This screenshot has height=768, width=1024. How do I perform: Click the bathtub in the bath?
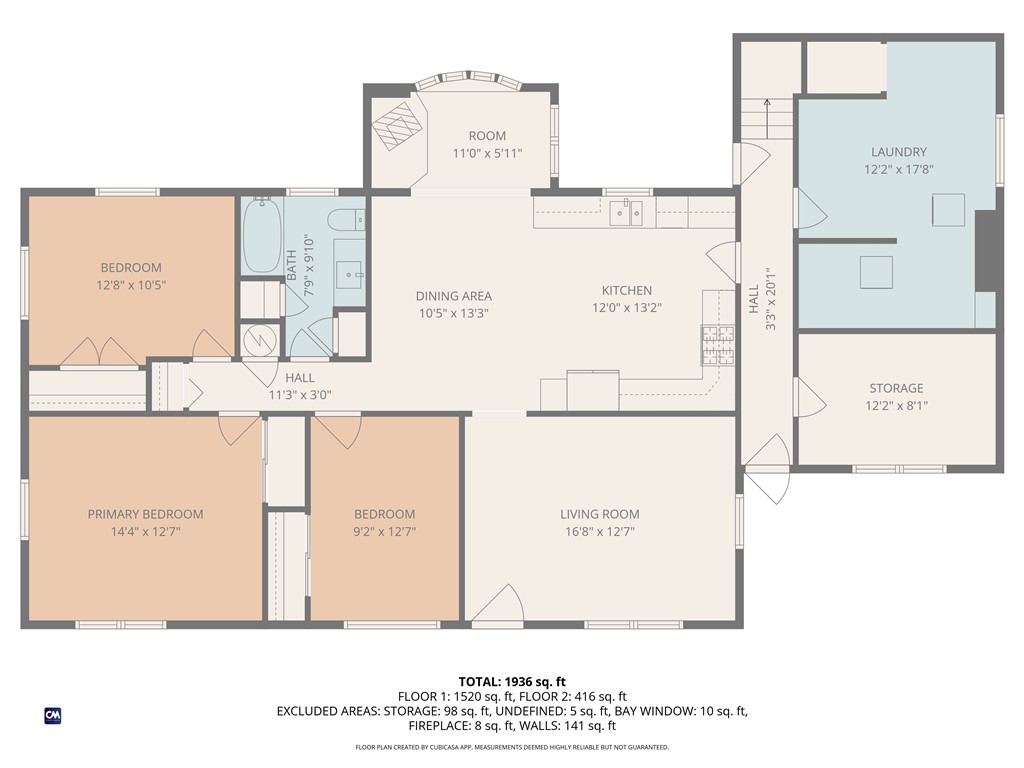pos(262,236)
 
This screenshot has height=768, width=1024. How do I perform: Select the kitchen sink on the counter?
pos(627,212)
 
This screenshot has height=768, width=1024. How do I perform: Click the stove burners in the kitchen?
pos(717,347)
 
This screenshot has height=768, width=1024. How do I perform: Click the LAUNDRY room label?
pos(898,152)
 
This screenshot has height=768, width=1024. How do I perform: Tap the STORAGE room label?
pos(896,388)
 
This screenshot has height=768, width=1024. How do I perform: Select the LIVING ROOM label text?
pos(599,514)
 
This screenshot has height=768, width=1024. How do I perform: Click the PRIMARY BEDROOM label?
pos(145,514)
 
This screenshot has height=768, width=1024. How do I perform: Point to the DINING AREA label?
pos(453,296)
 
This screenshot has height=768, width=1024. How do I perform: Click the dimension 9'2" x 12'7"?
pos(384,532)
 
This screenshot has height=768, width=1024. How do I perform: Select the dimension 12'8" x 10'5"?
pos(130,285)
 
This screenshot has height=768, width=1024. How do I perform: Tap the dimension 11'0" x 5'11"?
pos(487,153)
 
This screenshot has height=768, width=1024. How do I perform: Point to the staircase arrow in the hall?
pos(768,104)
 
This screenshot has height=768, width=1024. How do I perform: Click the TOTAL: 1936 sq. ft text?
pos(512,680)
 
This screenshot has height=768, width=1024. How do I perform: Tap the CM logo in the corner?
pos(52,715)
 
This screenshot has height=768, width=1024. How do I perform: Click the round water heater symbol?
pos(261,341)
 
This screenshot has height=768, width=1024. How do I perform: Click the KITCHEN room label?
pos(626,291)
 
